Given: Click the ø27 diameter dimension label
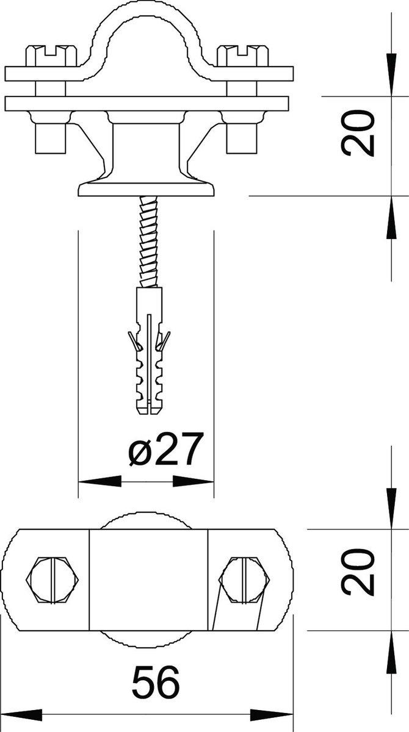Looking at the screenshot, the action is click(x=164, y=449).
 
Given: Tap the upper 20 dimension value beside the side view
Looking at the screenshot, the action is click(x=357, y=133).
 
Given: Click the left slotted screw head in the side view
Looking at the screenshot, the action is click(x=51, y=56).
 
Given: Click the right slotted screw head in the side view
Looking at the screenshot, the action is click(x=243, y=56).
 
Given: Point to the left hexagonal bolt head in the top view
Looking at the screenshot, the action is click(x=52, y=579).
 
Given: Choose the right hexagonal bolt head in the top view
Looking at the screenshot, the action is click(x=244, y=579).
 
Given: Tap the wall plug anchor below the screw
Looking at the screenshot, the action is click(x=149, y=351).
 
